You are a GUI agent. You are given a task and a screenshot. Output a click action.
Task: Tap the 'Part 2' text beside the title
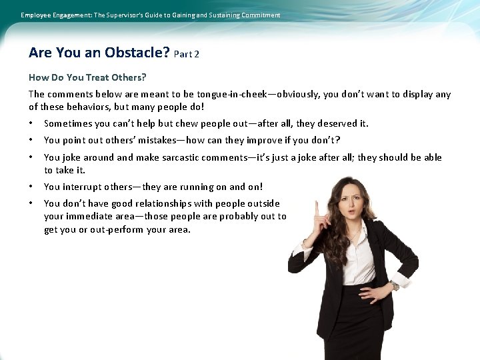(x=186, y=55)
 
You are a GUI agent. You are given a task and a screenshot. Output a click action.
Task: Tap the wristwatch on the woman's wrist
(x=394, y=285)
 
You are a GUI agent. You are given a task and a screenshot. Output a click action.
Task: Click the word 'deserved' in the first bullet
(x=337, y=123)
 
